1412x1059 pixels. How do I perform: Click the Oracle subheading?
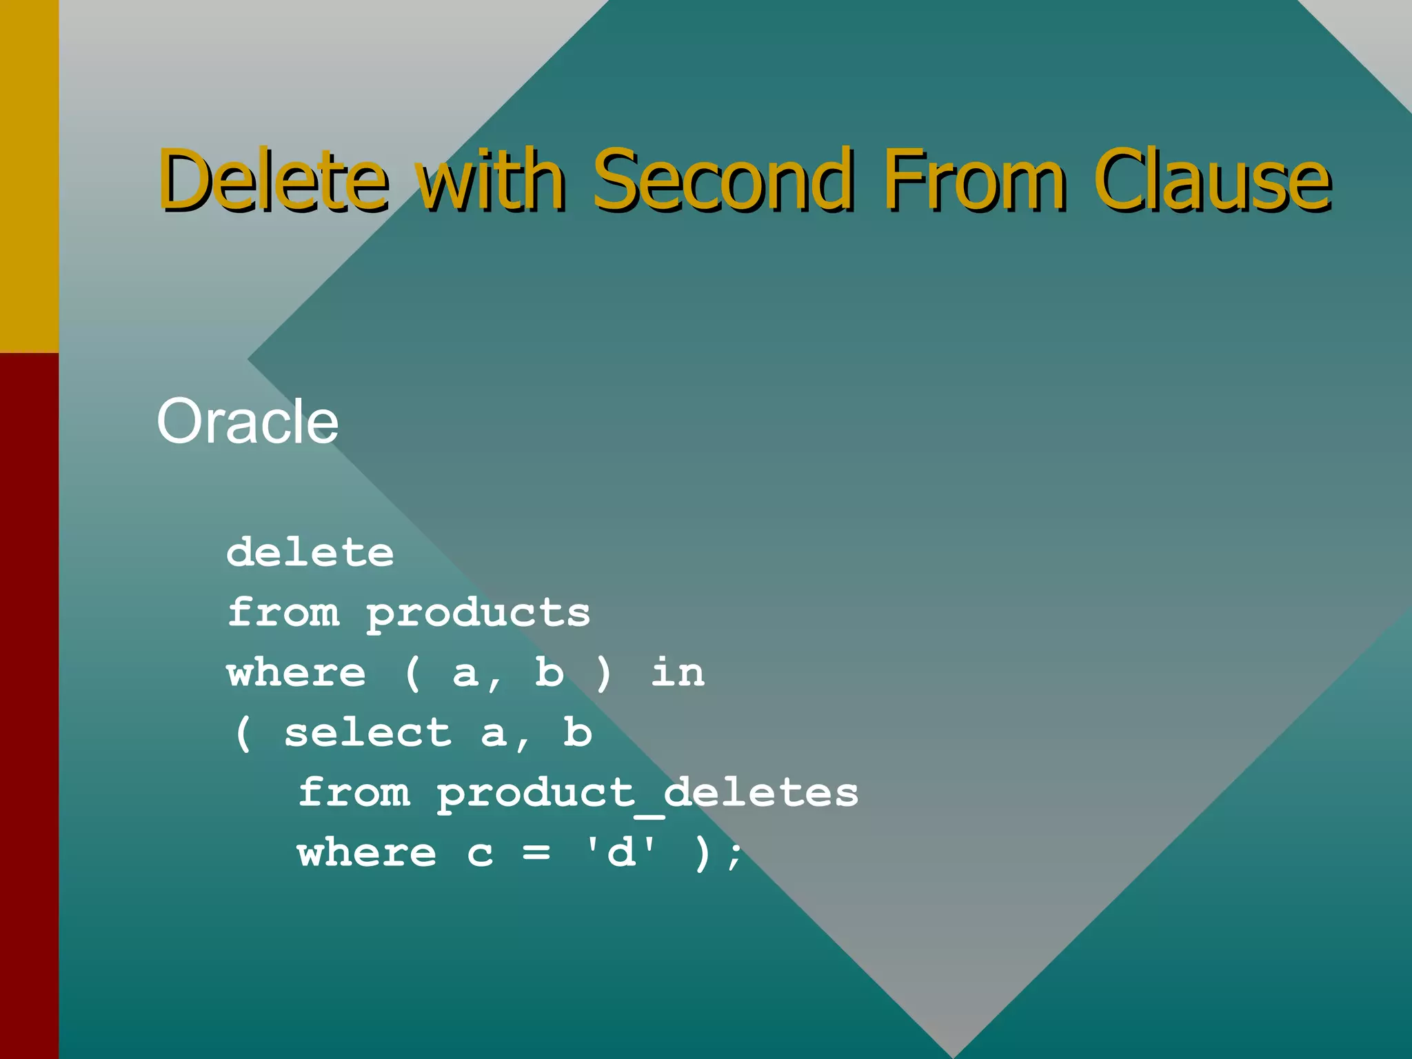[x=247, y=421]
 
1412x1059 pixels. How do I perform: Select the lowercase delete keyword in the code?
[x=310, y=553]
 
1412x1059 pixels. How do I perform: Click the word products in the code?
[x=478, y=614]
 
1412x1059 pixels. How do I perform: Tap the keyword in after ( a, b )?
[x=677, y=673]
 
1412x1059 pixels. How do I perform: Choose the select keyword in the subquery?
[x=367, y=733]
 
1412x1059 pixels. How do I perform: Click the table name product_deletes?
[x=647, y=793]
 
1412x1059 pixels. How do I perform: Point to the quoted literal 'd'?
[x=620, y=853]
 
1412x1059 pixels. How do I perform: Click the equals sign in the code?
[x=536, y=854]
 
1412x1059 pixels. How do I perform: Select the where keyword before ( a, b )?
[x=296, y=673]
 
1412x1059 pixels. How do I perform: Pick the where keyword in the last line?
[x=367, y=853]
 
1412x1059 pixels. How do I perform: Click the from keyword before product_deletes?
[x=354, y=793]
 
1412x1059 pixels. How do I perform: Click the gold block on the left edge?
[x=29, y=176]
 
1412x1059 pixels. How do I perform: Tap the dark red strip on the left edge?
[x=29, y=703]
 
